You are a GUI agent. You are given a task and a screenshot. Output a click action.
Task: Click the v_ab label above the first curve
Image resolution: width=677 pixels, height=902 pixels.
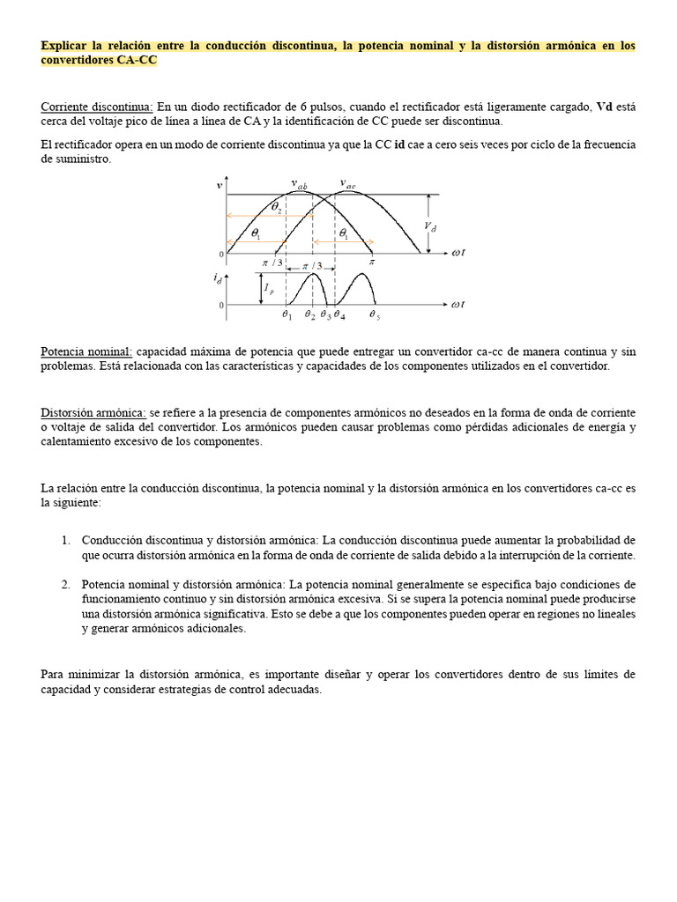[x=300, y=184]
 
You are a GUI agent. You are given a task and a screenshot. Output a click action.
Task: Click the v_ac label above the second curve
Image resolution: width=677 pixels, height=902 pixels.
[x=348, y=184]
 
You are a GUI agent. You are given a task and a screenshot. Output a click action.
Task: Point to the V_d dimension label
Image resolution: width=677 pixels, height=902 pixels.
[x=429, y=226]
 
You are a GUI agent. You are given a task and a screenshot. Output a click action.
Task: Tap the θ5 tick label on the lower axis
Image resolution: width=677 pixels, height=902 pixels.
[x=374, y=314]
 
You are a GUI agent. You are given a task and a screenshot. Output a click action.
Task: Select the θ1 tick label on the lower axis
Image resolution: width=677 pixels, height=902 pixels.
[x=286, y=314]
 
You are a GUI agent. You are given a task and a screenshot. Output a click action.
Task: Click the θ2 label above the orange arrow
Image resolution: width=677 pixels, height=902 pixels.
[x=276, y=208]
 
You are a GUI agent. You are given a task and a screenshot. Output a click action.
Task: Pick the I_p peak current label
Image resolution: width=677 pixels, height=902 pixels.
[x=270, y=288]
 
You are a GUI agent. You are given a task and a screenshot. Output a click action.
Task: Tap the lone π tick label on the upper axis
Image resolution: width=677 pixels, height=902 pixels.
[x=372, y=262]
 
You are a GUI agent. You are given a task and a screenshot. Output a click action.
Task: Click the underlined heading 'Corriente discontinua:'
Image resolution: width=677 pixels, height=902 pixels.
[x=97, y=107]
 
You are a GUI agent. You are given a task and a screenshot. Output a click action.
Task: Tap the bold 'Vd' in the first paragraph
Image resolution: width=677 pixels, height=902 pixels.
[x=605, y=107]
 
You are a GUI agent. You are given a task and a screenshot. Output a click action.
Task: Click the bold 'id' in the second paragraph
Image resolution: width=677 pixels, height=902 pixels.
[x=399, y=144]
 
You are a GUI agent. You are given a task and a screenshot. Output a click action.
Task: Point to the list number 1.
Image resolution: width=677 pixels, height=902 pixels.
[x=65, y=540]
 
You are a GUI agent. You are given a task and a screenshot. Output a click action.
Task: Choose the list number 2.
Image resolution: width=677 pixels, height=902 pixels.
[x=65, y=585]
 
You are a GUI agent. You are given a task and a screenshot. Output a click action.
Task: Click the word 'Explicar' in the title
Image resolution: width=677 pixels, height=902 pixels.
[x=66, y=46]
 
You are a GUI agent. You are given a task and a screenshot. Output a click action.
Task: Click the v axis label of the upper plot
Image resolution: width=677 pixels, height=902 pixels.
[x=219, y=186]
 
